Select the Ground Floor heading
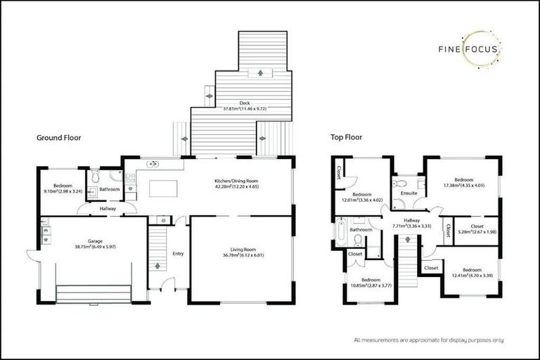click(x=59, y=138)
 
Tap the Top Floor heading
click(x=347, y=138)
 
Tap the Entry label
click(x=178, y=253)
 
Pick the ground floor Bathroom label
click(x=110, y=188)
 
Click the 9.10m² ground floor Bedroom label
click(x=62, y=188)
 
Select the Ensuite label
click(x=409, y=193)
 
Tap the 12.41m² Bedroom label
click(x=472, y=272)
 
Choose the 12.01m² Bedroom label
click(x=361, y=197)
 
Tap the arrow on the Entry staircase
click(x=157, y=266)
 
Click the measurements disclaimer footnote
click(x=428, y=340)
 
